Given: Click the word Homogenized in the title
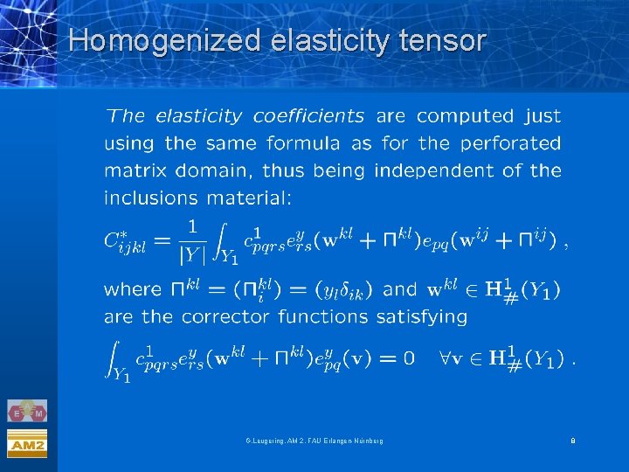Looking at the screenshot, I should coord(163,40).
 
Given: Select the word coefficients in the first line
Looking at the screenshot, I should coord(308,115).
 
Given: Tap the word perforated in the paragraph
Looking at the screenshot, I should coord(509,142).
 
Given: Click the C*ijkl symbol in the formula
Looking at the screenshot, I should coord(128,241).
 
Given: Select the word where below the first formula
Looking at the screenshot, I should coord(133,288).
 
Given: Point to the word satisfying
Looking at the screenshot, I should coord(425,316).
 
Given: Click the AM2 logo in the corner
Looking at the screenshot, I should coord(27,445).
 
